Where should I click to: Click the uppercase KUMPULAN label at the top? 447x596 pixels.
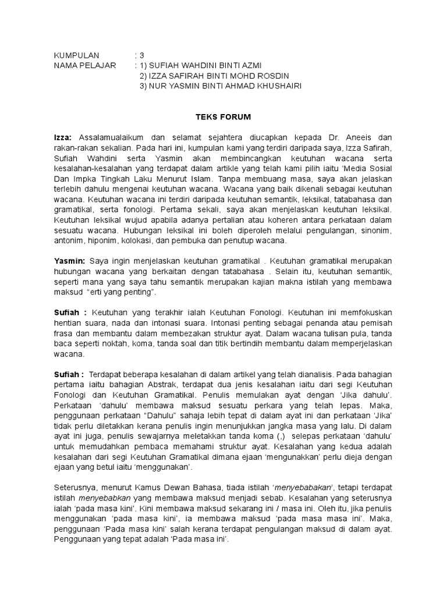77,55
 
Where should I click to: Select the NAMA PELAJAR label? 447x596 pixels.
84,66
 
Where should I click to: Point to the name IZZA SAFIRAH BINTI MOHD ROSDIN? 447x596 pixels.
214,76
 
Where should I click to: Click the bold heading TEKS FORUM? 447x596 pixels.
223,117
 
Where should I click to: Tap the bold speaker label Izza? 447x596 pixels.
63,137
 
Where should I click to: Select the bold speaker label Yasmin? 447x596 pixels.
69,261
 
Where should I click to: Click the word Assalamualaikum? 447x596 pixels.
109,137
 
